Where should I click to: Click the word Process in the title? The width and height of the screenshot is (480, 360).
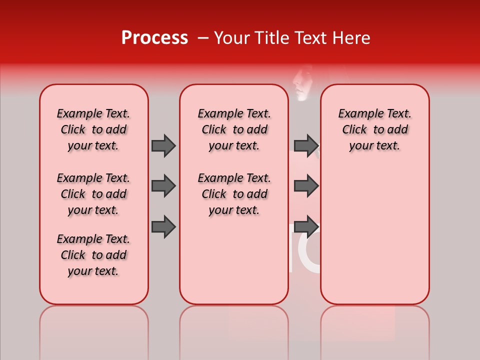pos(154,38)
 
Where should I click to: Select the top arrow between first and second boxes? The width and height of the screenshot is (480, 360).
pos(163,145)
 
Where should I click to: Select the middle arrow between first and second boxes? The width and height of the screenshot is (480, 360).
pos(163,186)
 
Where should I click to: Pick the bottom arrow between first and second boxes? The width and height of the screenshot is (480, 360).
pos(163,226)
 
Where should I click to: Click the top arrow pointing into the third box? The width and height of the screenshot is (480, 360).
pos(306,145)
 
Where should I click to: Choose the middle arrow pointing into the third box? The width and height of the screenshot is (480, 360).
pos(306,186)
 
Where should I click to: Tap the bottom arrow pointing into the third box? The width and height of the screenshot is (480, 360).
pos(306,226)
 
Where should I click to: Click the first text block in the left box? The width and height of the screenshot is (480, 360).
pos(93,129)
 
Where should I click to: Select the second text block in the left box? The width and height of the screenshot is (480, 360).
pos(93,194)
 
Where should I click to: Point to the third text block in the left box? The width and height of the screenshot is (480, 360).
pos(93,255)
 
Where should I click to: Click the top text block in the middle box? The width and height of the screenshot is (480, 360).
pos(234,129)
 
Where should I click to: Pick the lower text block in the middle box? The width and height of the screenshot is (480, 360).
pos(234,194)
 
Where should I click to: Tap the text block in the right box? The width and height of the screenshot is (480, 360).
pos(374,129)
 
